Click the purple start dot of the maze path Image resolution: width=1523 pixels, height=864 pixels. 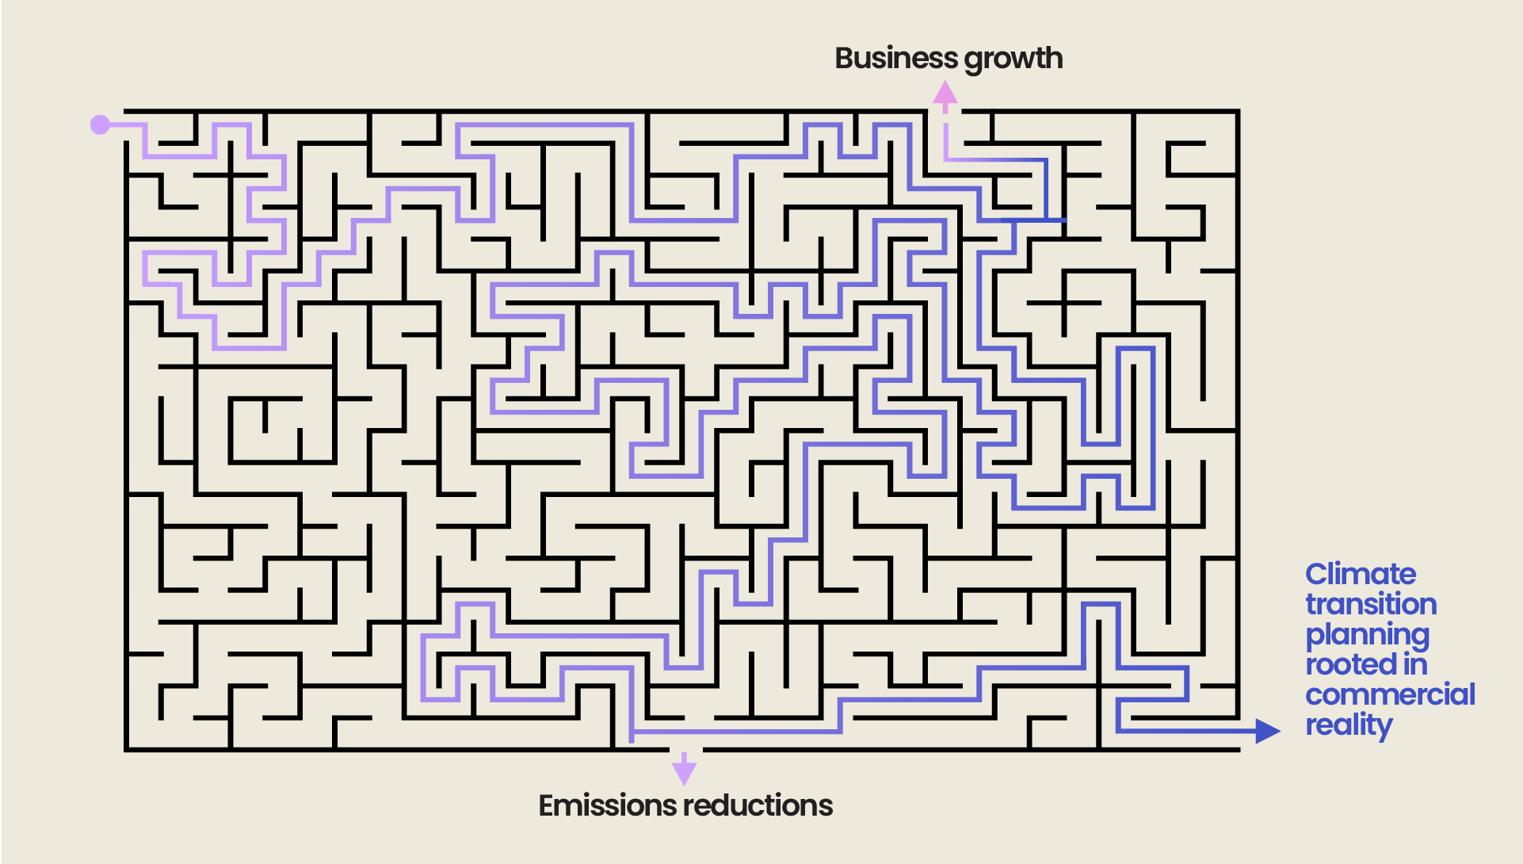[x=100, y=124]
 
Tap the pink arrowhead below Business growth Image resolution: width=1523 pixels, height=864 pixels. [x=945, y=94]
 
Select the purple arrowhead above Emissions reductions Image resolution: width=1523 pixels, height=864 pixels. [x=684, y=771]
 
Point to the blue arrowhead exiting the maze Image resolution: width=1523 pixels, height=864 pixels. [x=1267, y=730]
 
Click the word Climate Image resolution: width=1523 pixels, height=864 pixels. [x=1361, y=573]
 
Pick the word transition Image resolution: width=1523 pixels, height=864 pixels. [x=1371, y=604]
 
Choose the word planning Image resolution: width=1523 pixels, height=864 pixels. [x=1367, y=635]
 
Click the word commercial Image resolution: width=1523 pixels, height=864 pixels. [x=1390, y=694]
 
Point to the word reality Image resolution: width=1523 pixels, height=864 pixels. [x=1349, y=725]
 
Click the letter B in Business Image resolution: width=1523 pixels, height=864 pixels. [x=845, y=58]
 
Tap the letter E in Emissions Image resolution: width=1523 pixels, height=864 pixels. [x=547, y=805]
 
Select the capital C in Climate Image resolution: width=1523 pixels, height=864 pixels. [x=1317, y=574]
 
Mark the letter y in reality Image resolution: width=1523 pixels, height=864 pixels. [x=1384, y=728]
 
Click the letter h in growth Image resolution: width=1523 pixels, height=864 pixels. [x=1053, y=58]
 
